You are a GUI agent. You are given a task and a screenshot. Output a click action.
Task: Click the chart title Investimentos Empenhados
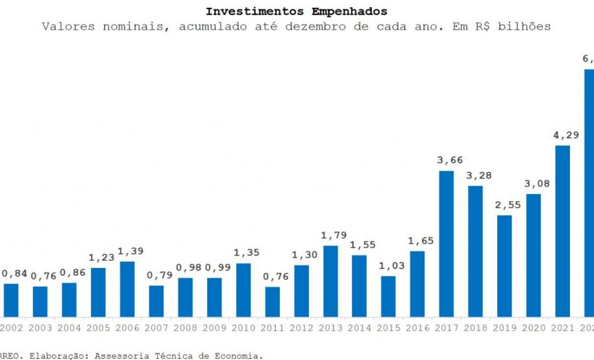pos(296,12)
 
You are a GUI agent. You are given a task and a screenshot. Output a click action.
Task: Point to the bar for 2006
pos(127,289)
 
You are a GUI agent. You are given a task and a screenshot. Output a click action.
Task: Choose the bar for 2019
pos(504,265)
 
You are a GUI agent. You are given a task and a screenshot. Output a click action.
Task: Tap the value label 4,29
pos(562,135)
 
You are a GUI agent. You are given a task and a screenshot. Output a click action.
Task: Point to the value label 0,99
pos(214,267)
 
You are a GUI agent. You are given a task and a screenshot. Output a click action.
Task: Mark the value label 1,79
pos(330,235)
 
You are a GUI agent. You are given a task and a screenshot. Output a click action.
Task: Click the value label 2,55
pos(504,204)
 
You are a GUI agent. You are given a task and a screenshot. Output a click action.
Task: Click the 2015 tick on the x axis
pos(388,328)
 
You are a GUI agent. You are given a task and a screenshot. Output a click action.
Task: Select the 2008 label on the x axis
pos(185,328)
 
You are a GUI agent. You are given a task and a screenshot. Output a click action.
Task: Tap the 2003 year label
pos(40,328)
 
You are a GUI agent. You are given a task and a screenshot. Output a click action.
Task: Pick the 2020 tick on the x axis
pos(534,328)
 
